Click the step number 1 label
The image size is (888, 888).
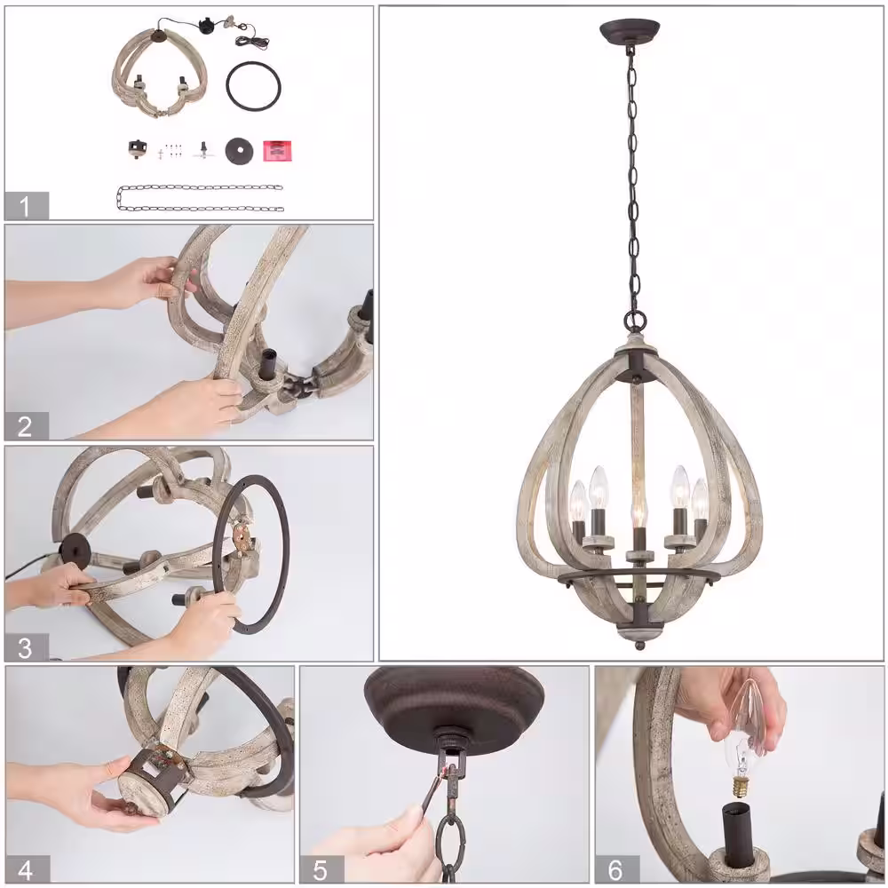(x=26, y=206)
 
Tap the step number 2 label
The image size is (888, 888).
(x=26, y=426)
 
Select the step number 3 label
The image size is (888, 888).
(x=26, y=647)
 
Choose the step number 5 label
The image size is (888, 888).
(x=321, y=869)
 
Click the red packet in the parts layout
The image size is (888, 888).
(x=278, y=151)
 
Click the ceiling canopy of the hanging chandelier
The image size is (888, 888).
(x=630, y=32)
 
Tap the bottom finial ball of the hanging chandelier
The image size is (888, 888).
(x=639, y=645)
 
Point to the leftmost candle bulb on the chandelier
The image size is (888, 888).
(x=578, y=502)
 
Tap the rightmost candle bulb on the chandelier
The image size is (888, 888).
(x=700, y=501)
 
